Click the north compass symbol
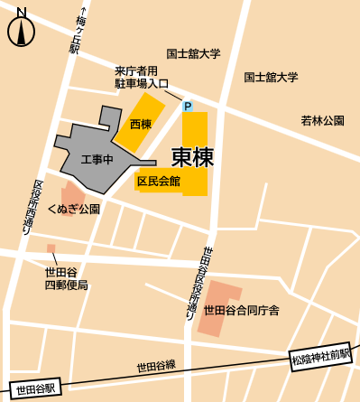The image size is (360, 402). [21, 30]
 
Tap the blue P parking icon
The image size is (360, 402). [188, 107]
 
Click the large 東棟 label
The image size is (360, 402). [192, 158]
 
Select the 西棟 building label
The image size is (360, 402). [140, 124]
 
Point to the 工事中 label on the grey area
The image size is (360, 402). [96, 160]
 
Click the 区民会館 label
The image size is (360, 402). [159, 182]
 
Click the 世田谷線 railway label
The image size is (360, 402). [156, 367]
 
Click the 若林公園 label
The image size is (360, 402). [322, 120]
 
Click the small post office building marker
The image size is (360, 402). [51, 248]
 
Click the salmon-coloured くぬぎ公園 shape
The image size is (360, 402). [71, 195]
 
